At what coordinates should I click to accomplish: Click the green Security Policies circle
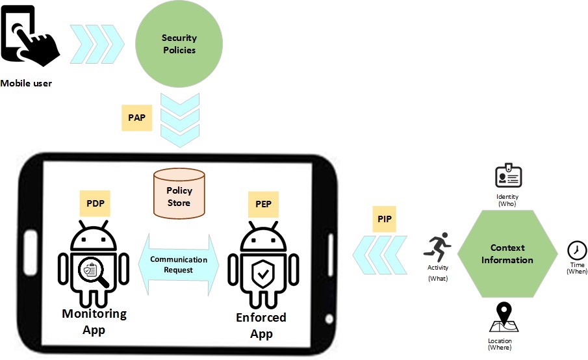pyautogui.click(x=179, y=44)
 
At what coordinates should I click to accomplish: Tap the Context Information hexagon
pyautogui.click(x=507, y=254)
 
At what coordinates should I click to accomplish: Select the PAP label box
pyautogui.click(x=136, y=118)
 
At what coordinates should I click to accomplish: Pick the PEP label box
pyautogui.click(x=263, y=204)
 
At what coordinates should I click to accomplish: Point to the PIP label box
pyautogui.click(x=385, y=218)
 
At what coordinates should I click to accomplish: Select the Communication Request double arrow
pyautogui.click(x=179, y=264)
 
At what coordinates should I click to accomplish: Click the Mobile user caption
pyautogui.click(x=26, y=83)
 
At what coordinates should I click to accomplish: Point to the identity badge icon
pyautogui.click(x=508, y=176)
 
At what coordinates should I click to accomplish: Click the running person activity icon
pyautogui.click(x=437, y=248)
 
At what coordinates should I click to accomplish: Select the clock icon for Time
pyautogui.click(x=576, y=250)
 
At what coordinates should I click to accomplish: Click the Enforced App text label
pyautogui.click(x=261, y=326)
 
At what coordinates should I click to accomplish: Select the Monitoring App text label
pyautogui.click(x=94, y=321)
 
